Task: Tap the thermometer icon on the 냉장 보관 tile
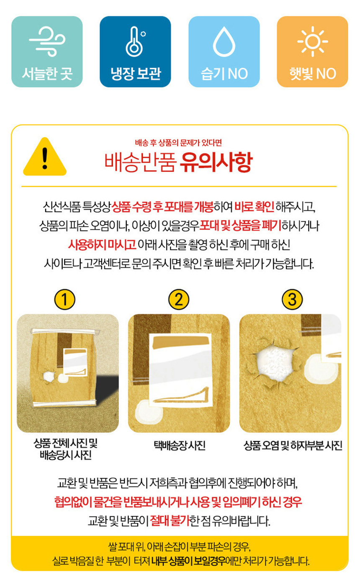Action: tap(136, 41)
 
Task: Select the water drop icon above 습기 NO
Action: tap(224, 41)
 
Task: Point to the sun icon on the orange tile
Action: tap(313, 41)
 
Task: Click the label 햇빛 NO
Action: tap(313, 74)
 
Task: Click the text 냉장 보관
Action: tap(136, 74)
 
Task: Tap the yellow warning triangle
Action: tap(45, 157)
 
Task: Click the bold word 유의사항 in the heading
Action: tap(216, 162)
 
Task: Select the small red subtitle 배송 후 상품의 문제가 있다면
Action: tap(178, 143)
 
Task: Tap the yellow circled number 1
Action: tap(64, 299)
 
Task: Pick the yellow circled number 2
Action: tap(178, 299)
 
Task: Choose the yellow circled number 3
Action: tap(292, 299)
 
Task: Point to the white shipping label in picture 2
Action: tap(180, 370)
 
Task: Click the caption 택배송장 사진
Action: tap(179, 445)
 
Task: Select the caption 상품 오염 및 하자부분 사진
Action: tap(293, 445)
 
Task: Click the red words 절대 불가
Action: tap(170, 521)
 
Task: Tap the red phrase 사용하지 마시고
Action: tap(102, 245)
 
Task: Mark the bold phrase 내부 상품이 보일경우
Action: tap(188, 561)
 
